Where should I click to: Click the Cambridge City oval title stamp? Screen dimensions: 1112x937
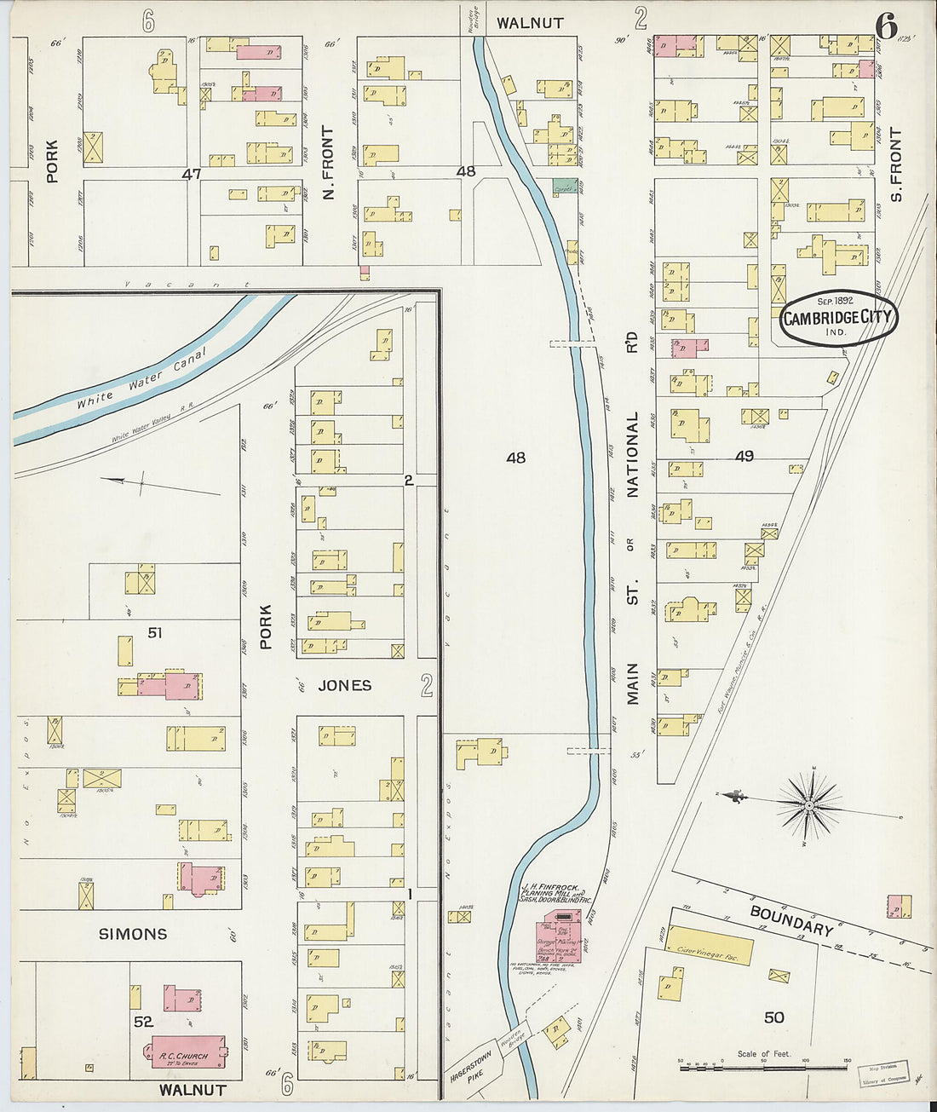click(x=839, y=318)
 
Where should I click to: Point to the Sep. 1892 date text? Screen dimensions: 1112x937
click(x=835, y=301)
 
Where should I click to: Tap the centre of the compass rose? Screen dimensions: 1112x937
click(x=806, y=804)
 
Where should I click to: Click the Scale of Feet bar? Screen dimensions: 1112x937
click(x=764, y=1066)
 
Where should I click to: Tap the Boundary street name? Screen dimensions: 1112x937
click(x=790, y=920)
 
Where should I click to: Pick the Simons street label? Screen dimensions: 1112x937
click(x=133, y=934)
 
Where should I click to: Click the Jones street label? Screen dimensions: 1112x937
click(x=344, y=685)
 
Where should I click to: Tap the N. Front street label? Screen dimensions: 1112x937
click(x=328, y=163)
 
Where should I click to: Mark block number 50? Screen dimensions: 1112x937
click(x=773, y=1017)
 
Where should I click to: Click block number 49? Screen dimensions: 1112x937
click(x=744, y=456)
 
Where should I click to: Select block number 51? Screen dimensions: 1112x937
click(x=131, y=632)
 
